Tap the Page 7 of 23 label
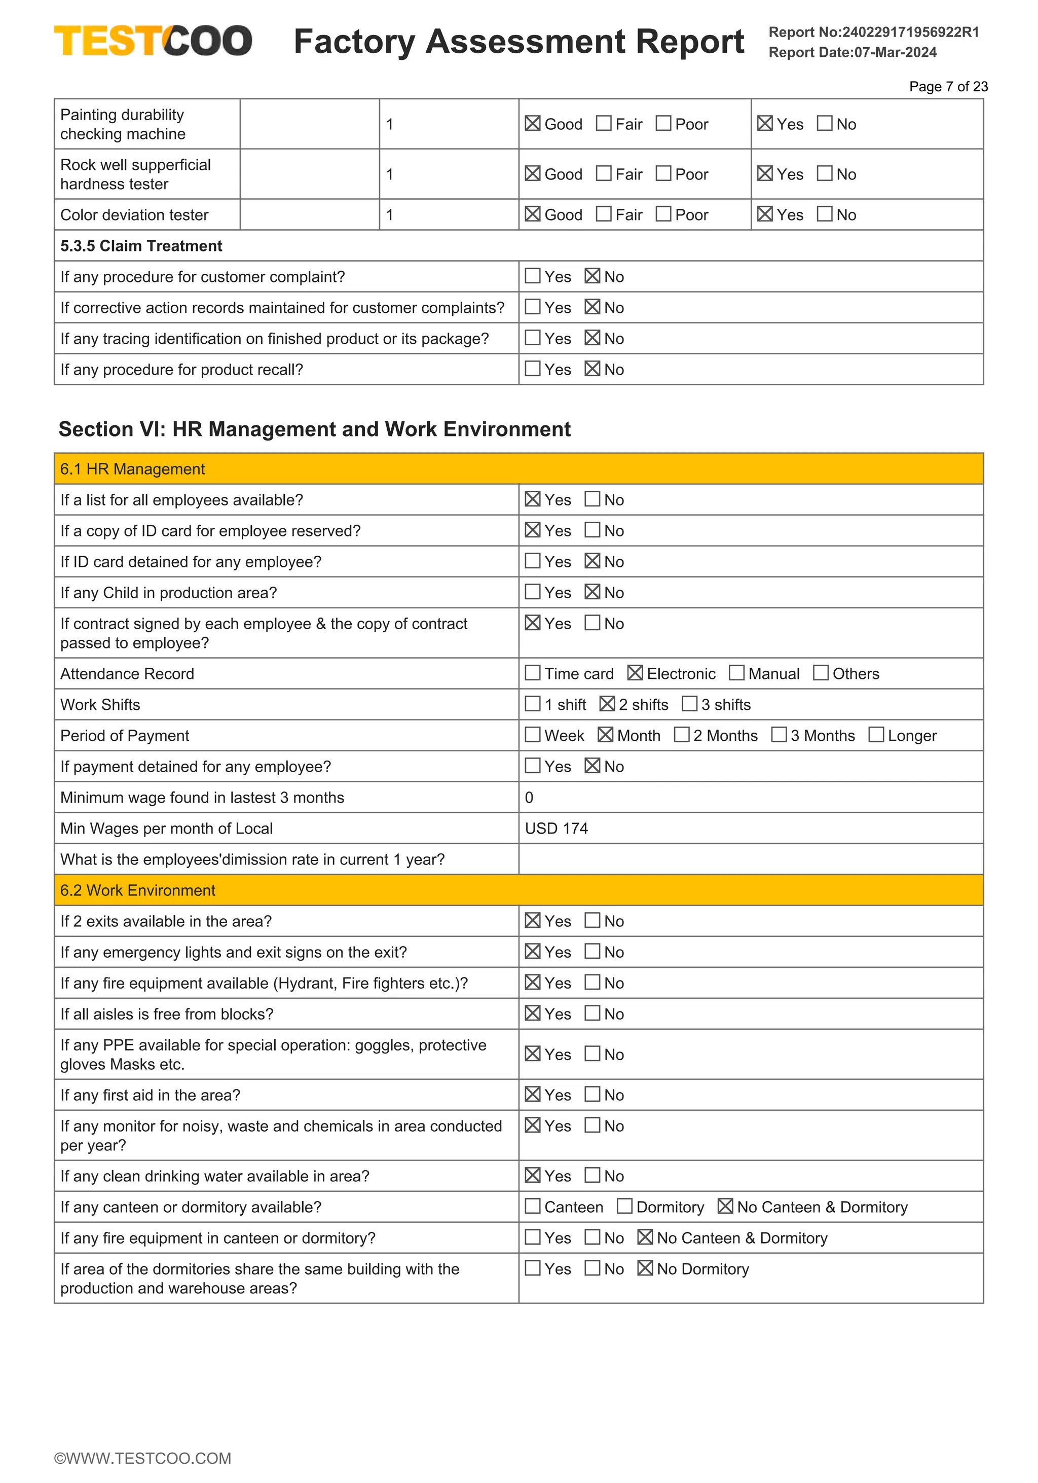[948, 87]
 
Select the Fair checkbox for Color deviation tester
[604, 214]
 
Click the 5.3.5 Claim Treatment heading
[141, 246]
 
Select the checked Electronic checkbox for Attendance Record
[635, 673]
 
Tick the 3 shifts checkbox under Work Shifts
[689, 704]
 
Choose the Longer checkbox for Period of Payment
[875, 735]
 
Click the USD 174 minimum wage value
[557, 828]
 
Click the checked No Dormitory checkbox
[645, 1268]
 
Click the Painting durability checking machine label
[123, 124]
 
